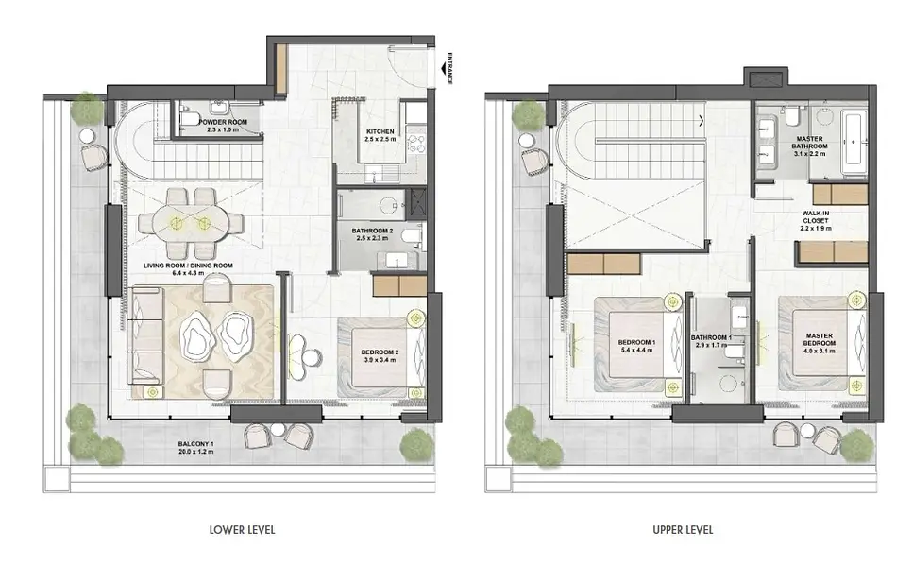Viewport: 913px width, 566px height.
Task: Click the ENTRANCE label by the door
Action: point(448,69)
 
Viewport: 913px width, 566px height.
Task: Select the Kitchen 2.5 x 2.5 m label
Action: point(380,135)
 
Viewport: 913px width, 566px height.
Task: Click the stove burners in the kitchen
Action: point(416,144)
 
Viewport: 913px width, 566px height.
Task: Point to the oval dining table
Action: point(191,223)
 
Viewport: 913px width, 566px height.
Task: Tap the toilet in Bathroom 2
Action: point(413,236)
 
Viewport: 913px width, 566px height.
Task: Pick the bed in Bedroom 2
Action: point(381,357)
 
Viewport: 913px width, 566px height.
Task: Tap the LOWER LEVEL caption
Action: point(243,530)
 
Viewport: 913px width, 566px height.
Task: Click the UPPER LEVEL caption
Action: point(683,530)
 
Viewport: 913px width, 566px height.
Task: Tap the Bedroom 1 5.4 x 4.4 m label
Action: point(637,346)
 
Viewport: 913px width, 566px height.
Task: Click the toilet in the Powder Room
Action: point(188,118)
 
